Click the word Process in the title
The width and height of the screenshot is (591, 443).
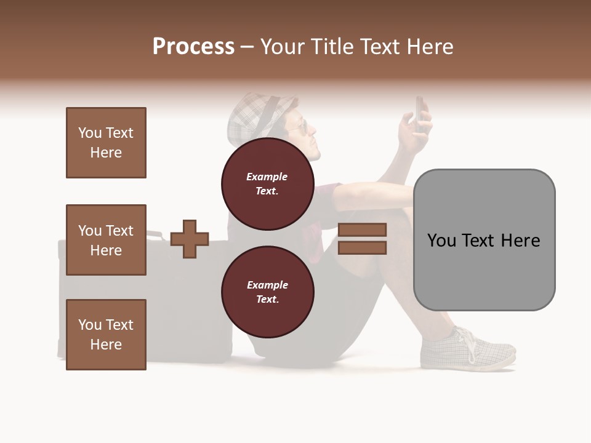tap(193, 47)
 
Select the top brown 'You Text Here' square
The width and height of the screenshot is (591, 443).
tap(106, 143)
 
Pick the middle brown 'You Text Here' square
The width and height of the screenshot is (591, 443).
tap(106, 240)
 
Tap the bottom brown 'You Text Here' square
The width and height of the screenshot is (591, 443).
tap(106, 335)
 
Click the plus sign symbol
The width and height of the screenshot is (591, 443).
tap(190, 239)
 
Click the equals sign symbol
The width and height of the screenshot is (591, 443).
tap(362, 239)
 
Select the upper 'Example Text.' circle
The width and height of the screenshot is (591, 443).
tap(267, 183)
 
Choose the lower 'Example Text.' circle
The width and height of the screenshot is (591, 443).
tap(267, 292)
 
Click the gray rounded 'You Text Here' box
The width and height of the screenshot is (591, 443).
tap(484, 240)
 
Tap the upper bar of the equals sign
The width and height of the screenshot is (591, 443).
tap(362, 229)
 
